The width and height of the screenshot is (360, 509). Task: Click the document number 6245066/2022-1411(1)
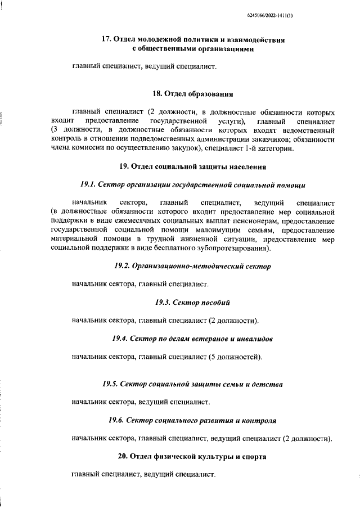tap(317, 17)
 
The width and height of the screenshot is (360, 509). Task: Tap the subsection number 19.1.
tap(89, 184)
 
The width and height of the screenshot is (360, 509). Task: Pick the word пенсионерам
tap(262, 220)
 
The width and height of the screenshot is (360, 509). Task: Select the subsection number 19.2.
tap(123, 265)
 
